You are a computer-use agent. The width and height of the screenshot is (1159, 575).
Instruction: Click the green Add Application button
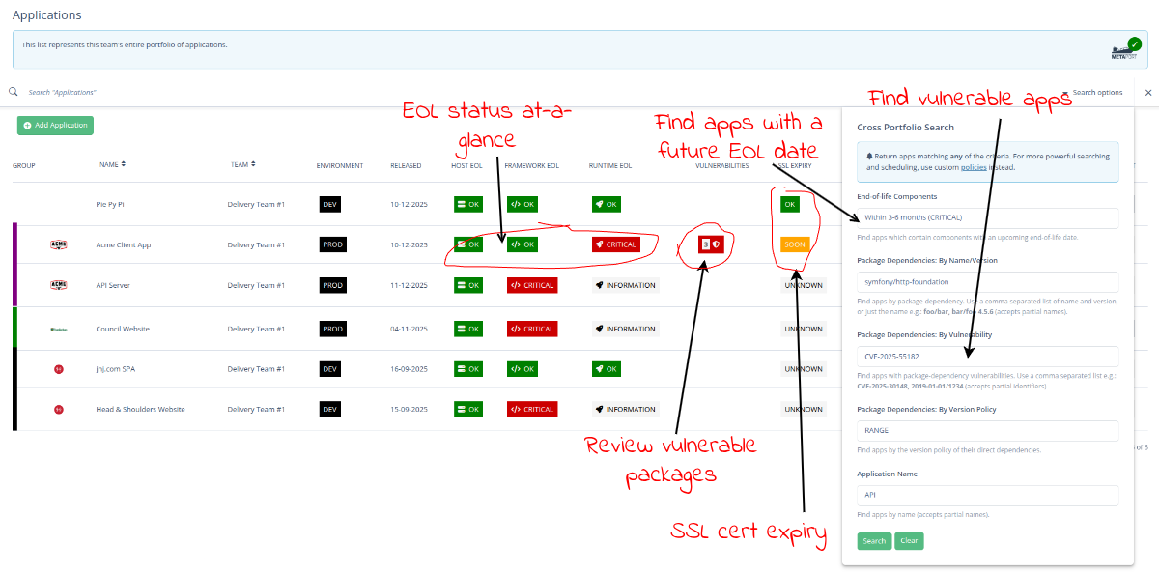tap(55, 125)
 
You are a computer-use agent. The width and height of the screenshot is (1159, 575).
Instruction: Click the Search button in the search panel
tap(874, 540)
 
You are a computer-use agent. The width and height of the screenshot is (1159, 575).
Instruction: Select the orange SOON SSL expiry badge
tap(795, 244)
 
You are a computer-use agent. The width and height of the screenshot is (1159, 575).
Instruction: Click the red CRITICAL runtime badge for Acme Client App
tap(616, 244)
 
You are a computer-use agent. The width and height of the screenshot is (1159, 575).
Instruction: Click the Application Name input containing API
tap(987, 495)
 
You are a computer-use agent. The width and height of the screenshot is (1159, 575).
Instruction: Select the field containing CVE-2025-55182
tap(987, 357)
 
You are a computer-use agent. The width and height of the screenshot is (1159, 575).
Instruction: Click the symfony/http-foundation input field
tap(987, 282)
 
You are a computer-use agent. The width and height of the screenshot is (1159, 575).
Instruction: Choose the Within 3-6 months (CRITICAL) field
tap(987, 217)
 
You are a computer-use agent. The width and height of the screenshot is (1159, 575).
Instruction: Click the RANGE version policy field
tap(987, 430)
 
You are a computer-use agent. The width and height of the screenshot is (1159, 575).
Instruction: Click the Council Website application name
tap(123, 329)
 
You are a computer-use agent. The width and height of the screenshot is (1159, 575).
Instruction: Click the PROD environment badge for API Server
tap(333, 286)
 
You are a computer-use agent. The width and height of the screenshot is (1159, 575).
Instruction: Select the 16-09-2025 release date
tap(410, 369)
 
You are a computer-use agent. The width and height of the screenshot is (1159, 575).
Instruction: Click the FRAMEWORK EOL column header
tap(531, 165)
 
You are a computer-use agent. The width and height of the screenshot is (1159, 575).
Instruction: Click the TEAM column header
tap(241, 165)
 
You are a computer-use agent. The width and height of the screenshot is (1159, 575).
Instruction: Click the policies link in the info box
tap(974, 167)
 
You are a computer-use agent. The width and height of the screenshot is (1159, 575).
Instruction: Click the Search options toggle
tap(1096, 93)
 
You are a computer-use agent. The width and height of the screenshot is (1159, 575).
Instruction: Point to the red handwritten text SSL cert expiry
tap(749, 532)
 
